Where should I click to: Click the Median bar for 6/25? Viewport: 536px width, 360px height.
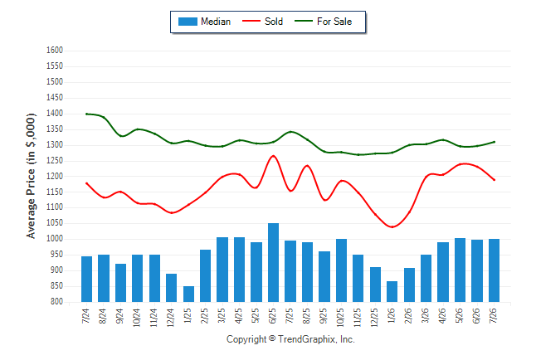click(273, 263)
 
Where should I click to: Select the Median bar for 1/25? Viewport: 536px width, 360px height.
click(188, 294)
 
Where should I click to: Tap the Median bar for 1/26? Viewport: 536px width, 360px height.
click(392, 292)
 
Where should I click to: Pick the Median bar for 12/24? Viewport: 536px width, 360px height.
click(171, 288)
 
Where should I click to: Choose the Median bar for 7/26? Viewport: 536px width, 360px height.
click(494, 270)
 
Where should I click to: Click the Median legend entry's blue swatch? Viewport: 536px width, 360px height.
click(188, 22)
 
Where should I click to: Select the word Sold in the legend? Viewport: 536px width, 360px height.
click(274, 22)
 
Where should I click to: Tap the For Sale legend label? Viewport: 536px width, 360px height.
click(334, 22)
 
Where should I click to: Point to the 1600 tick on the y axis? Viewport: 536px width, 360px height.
click(55, 51)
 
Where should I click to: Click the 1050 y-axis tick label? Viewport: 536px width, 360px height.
click(55, 223)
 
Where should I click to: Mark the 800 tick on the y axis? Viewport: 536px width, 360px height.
click(56, 302)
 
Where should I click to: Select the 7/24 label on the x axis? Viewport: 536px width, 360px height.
click(85, 316)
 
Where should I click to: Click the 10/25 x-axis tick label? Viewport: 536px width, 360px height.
click(341, 318)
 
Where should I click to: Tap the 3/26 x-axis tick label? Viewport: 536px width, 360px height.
click(426, 316)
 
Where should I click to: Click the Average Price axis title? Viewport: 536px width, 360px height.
click(31, 176)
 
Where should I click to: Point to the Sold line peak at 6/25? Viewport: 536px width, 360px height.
click(273, 156)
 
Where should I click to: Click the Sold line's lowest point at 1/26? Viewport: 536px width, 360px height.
click(392, 227)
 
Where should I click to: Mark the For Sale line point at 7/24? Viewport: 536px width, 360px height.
click(86, 114)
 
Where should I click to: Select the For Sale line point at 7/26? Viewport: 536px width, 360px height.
click(494, 142)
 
